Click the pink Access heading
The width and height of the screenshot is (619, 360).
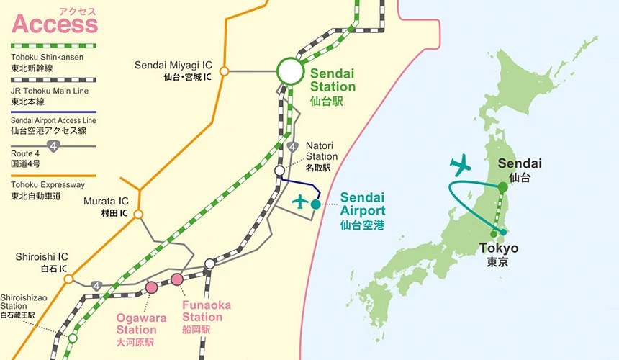pos(54,23)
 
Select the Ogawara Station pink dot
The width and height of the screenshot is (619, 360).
pos(152,287)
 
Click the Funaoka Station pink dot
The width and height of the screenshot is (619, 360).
pos(177,279)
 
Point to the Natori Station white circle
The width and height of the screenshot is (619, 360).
pos(279,171)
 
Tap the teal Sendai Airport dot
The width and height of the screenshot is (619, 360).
pos(315,204)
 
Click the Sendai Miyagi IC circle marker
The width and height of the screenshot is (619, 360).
pos(224,71)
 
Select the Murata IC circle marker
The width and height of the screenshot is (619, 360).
pos(138,214)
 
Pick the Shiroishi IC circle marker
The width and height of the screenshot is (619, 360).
pos(69,279)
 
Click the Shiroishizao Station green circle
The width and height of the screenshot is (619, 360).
pos(73,336)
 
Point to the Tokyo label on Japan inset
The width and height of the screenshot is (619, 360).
pos(498,248)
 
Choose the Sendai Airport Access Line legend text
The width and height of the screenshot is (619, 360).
pos(54,120)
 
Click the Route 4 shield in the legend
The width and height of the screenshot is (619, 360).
pos(53,146)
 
